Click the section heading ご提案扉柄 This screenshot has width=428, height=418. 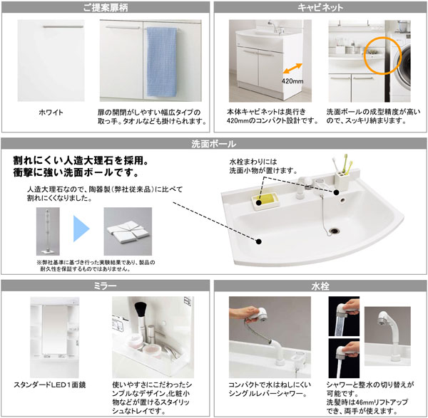coord(106,8)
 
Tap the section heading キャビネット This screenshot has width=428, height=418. coord(320,8)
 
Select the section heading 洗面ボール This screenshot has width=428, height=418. coord(214,144)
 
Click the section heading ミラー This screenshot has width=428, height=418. coord(105,286)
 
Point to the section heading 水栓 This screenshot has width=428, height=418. coord(320,286)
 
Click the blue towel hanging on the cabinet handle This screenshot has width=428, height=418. coord(162,61)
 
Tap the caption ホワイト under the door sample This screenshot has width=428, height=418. coord(51,113)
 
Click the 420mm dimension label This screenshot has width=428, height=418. coord(292,81)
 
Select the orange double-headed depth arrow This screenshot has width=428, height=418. coord(292,68)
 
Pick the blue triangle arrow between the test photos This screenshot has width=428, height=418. coord(81,229)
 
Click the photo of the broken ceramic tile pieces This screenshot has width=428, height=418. coord(128,231)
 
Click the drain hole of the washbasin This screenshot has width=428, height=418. coord(334,231)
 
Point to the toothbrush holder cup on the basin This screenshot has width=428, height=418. coord(342,180)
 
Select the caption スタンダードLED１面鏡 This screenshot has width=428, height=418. coord(50,385)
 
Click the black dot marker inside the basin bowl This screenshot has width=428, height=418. coord(259,241)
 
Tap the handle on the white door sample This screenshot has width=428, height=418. coord(63,27)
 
